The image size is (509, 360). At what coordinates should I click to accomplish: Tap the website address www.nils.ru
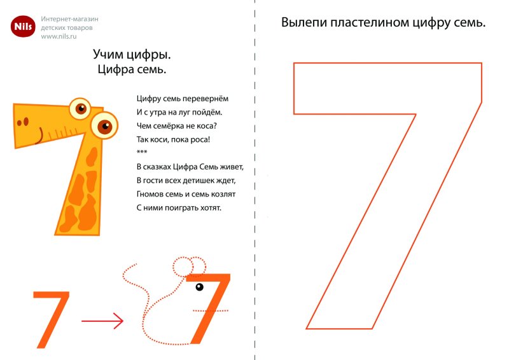click(x=63, y=37)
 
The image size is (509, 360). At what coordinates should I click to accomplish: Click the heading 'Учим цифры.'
click(x=132, y=55)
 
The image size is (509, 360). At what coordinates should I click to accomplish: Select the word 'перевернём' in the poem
click(x=205, y=99)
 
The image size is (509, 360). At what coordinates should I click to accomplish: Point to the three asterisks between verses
click(x=141, y=153)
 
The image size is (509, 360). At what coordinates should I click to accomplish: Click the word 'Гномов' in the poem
click(x=150, y=194)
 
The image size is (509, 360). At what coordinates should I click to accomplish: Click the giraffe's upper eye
click(x=80, y=109)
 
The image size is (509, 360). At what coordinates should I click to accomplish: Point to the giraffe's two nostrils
click(x=23, y=121)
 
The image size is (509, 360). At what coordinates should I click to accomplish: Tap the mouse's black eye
click(x=200, y=287)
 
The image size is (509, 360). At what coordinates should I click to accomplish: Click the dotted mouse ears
click(x=189, y=265)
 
